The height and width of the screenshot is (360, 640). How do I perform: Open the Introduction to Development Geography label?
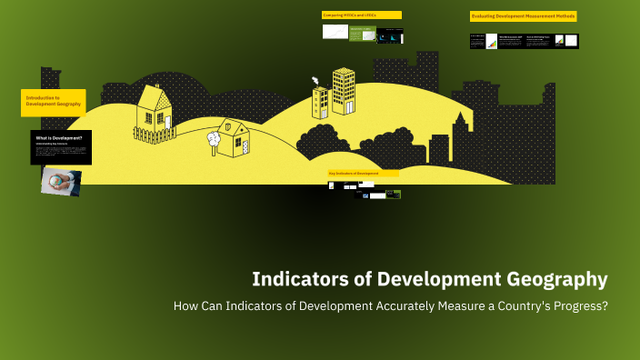click(54, 102)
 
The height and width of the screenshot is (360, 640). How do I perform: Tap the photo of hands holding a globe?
click(61, 181)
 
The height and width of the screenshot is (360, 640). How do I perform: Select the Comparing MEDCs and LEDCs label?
click(361, 15)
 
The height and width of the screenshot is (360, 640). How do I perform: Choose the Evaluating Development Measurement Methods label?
click(523, 16)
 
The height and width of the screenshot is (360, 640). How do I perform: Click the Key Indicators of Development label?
click(363, 173)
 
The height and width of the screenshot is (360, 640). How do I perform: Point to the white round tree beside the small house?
click(214, 139)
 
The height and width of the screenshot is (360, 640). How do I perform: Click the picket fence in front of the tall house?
click(155, 135)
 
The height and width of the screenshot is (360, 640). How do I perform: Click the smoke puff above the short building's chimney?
click(315, 80)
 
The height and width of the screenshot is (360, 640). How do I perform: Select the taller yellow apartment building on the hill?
click(344, 91)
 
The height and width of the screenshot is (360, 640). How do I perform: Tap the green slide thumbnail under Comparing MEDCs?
click(362, 34)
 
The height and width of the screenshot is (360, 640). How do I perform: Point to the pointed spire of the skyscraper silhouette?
click(461, 117)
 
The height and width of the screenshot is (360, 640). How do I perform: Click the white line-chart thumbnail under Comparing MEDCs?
click(335, 32)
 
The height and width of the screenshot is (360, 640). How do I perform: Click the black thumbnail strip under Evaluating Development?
click(524, 41)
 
